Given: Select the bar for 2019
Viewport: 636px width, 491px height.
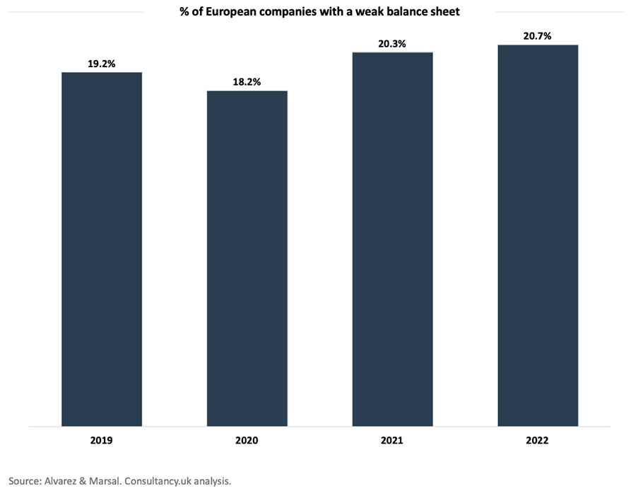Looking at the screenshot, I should point(102,249).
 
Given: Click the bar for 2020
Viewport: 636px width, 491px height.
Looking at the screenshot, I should point(247,258).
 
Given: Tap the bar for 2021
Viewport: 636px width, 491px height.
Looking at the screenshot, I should point(392,239).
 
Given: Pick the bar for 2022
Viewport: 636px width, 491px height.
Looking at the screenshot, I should point(537,236).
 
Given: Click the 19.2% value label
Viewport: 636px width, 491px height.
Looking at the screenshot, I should point(102,64).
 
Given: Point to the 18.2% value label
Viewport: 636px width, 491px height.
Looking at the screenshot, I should point(247,82).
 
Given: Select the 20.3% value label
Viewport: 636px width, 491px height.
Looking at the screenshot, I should point(392,44).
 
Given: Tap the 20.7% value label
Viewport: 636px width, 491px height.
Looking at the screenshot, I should point(537,36).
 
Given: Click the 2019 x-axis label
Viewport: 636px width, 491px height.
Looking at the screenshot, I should point(102,440).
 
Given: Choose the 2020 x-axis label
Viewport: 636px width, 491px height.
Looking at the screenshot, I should point(247,440).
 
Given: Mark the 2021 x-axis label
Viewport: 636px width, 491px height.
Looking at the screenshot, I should point(392,440).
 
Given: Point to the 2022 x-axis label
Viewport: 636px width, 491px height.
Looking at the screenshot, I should point(537,440).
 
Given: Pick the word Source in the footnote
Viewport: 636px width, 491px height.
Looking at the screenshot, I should point(23,480).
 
